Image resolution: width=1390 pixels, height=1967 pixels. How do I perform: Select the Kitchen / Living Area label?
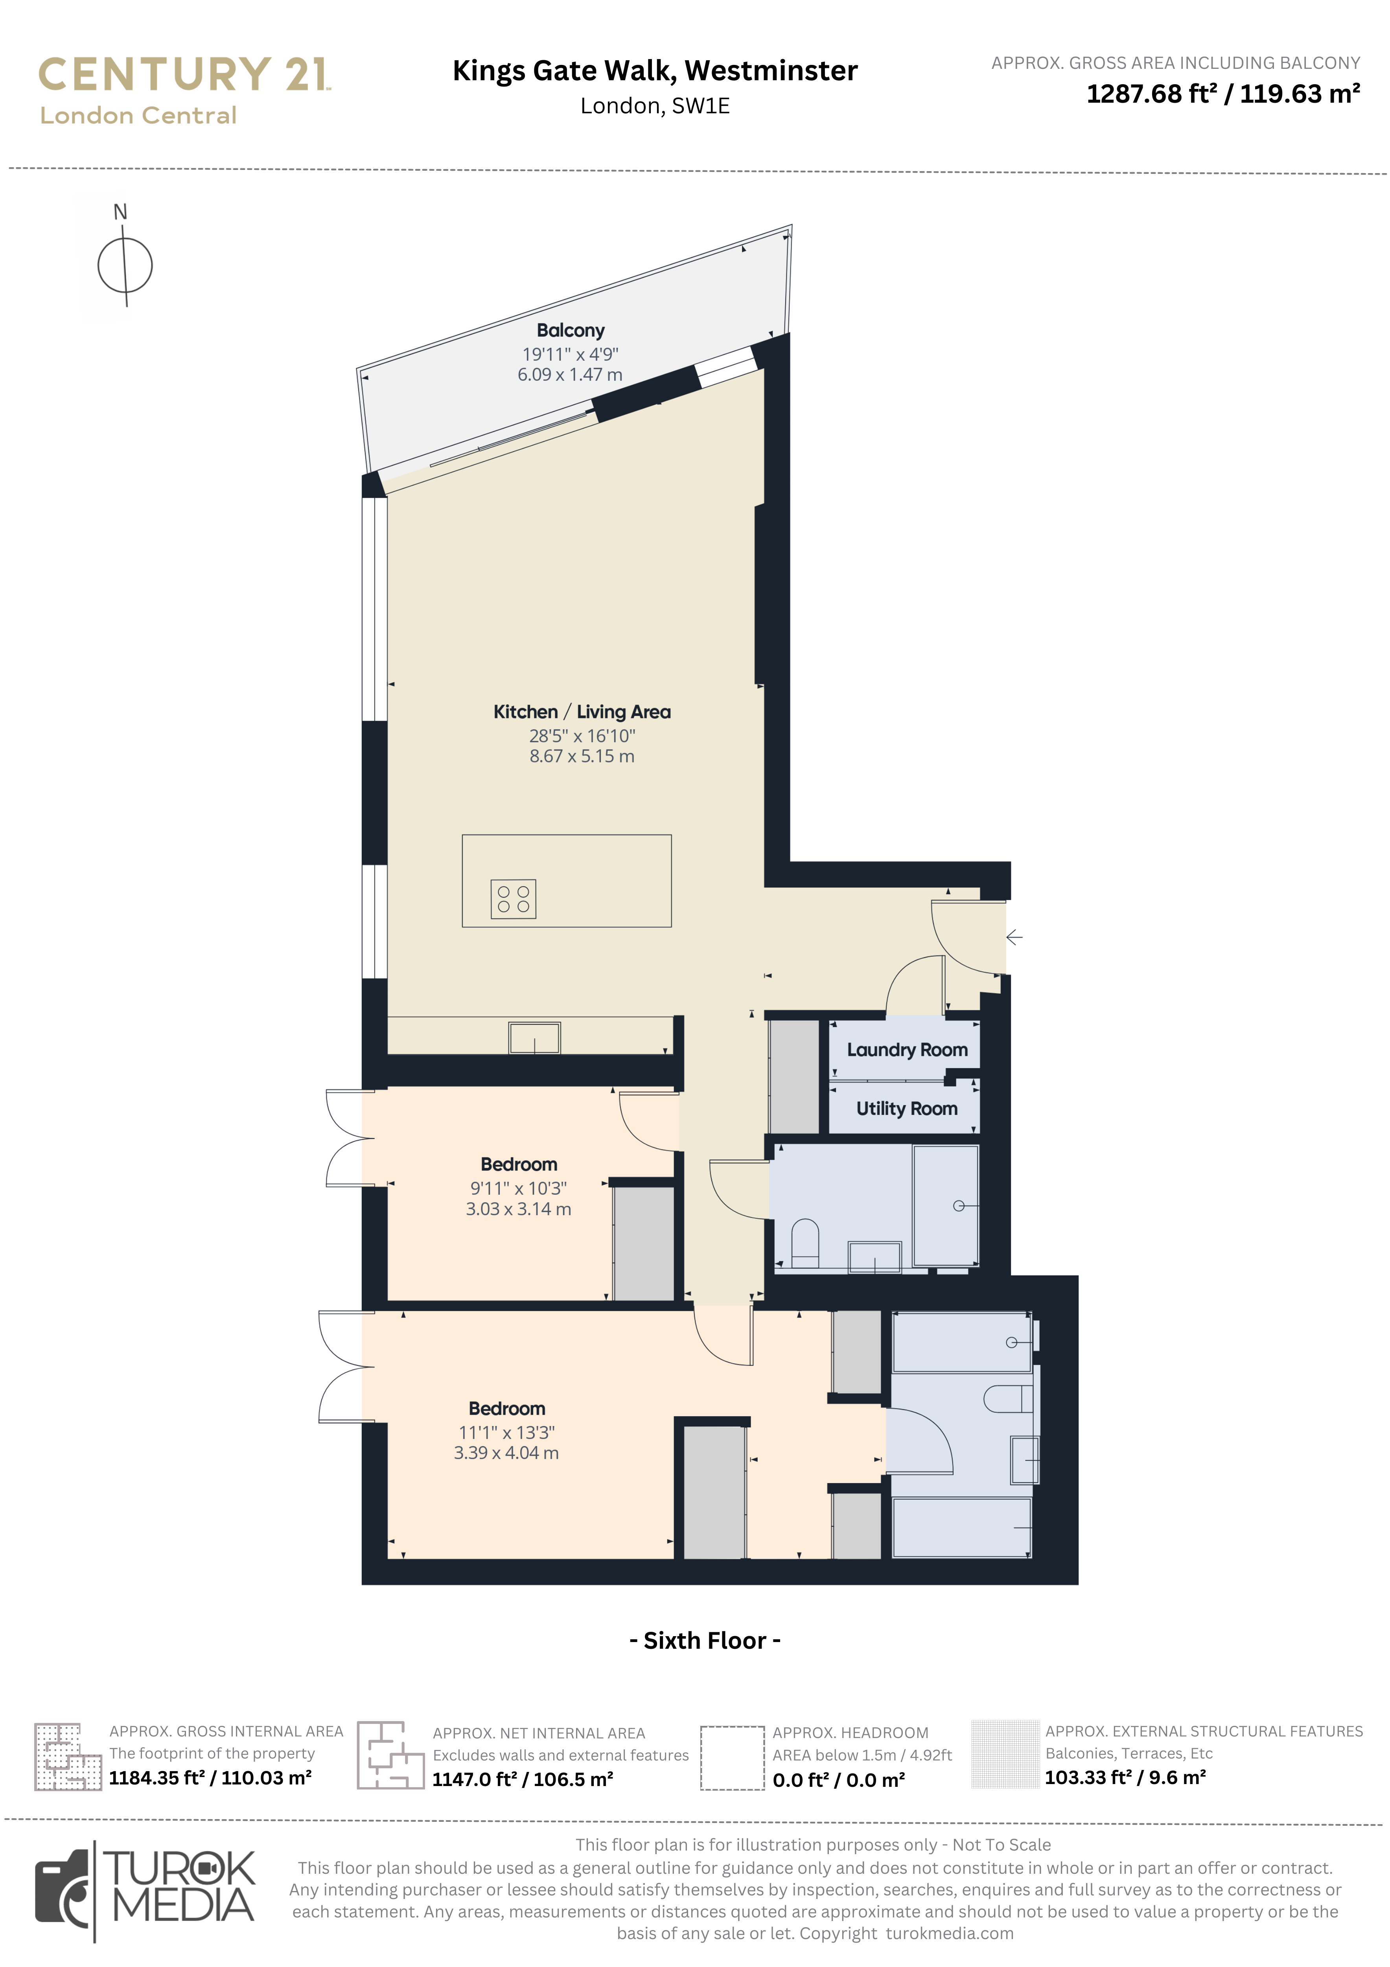point(582,712)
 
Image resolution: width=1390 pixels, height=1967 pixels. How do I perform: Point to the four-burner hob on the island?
point(513,899)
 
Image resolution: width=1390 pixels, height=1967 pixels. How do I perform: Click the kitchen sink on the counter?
point(534,1037)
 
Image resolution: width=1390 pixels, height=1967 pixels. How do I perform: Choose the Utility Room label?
point(907,1109)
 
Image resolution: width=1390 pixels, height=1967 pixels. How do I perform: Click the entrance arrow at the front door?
point(1014,937)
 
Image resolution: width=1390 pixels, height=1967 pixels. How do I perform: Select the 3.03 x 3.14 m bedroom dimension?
point(518,1209)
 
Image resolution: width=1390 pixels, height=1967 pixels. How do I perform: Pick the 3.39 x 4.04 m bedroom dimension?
point(506,1453)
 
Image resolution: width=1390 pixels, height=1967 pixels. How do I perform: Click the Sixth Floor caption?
point(705,1640)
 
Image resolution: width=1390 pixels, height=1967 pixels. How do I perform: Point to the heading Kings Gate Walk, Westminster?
point(655,70)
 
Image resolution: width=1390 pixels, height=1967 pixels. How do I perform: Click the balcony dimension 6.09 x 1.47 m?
point(569,375)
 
